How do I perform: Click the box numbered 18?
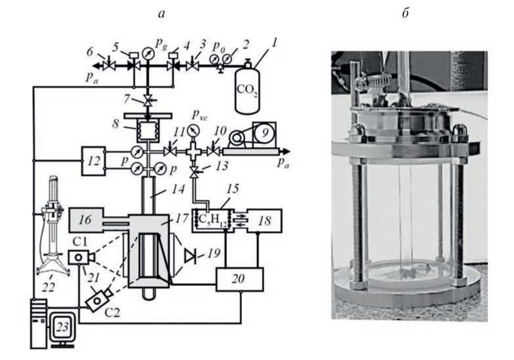coord(264,223)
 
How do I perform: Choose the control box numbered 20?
coord(240,279)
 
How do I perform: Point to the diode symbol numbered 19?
coord(192,253)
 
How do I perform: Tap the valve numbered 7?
coord(150,100)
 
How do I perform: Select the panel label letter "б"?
coord(406,14)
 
